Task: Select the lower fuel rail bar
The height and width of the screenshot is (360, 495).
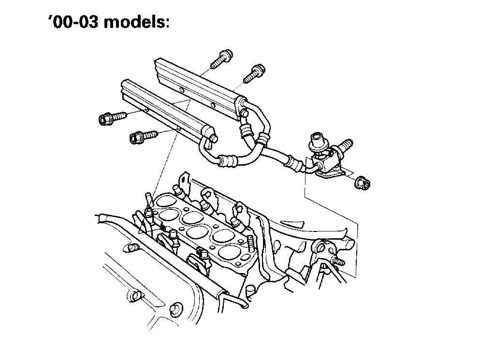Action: coord(162,109)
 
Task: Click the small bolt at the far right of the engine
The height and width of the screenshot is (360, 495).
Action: coord(338,262)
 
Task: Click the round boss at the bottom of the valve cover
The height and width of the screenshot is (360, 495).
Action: coord(175,307)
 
